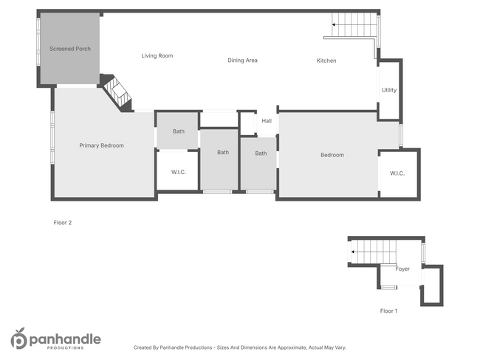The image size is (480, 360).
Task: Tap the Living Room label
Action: click(157, 55)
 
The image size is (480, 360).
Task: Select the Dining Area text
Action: click(242, 60)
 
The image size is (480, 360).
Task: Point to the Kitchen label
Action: click(326, 60)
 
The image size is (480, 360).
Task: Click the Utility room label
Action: click(389, 90)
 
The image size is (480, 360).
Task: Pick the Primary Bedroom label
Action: click(102, 145)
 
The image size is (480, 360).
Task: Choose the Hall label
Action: click(267, 121)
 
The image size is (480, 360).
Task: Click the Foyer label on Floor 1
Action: click(402, 269)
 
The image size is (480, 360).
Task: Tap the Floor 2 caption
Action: click(63, 222)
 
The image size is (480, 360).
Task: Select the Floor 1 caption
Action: click(388, 311)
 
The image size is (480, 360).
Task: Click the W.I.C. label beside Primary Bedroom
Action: click(178, 173)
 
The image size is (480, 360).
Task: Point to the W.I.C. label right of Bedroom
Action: click(397, 173)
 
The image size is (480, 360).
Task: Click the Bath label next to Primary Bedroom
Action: click(179, 131)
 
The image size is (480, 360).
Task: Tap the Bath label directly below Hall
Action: click(261, 153)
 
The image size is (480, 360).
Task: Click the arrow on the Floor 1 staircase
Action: click(353, 252)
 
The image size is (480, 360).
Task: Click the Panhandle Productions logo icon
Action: click(18, 339)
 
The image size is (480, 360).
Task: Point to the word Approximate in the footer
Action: click(289, 347)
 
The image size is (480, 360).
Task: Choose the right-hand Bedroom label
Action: click(332, 155)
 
